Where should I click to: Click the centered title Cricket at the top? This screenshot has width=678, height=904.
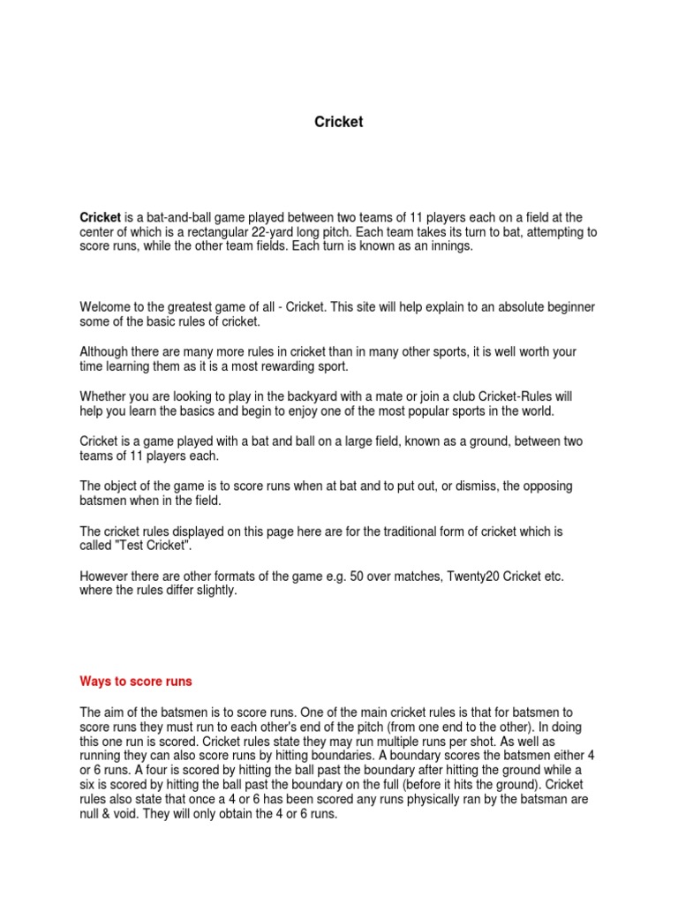point(339,122)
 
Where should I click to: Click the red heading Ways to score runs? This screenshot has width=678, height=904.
point(136,682)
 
